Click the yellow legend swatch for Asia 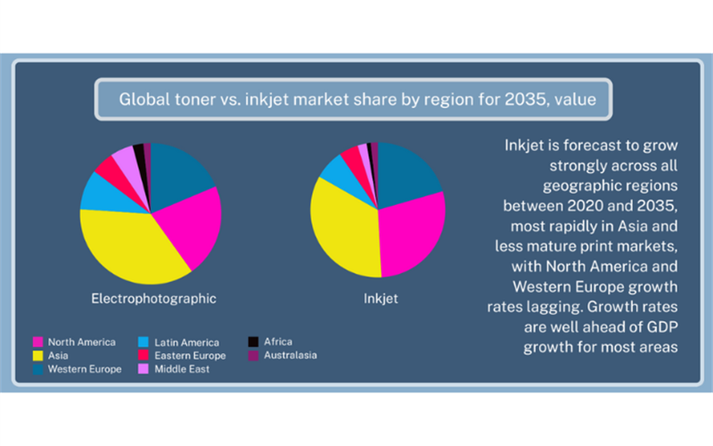click(x=38, y=356)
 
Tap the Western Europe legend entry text click(x=85, y=369)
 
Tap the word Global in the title click(x=143, y=98)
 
